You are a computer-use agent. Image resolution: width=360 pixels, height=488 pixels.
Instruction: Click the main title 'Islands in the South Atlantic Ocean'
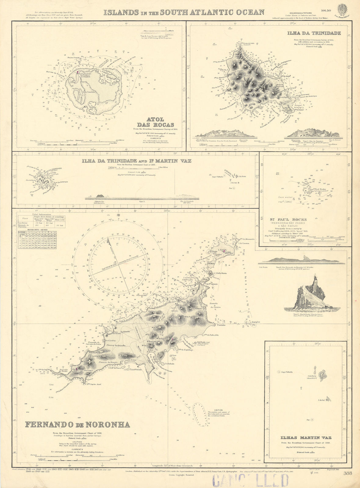coord(184,13)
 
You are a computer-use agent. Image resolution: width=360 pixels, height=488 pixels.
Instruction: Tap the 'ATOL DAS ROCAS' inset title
coord(155,122)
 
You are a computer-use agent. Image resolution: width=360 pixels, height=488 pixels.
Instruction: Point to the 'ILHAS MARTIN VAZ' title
coord(305,438)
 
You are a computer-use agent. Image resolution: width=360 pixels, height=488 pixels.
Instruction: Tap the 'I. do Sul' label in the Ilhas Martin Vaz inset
coord(320,400)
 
